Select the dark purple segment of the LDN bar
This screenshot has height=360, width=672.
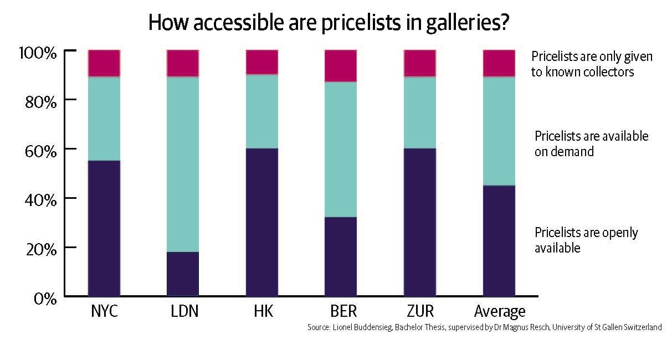[183, 274]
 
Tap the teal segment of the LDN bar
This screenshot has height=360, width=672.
[183, 164]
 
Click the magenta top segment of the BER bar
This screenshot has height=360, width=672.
[341, 65]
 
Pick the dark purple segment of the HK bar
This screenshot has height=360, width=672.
[262, 222]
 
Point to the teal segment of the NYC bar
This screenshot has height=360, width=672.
[104, 119]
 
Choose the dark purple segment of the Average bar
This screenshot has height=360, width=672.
[499, 241]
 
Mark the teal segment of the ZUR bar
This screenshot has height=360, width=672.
[420, 112]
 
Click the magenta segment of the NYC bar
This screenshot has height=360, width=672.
[104, 63]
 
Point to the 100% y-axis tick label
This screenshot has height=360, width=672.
[38, 54]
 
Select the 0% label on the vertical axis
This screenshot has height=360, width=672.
[45, 299]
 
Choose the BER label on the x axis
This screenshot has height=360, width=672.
[341, 311]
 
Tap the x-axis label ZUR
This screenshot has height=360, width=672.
[420, 311]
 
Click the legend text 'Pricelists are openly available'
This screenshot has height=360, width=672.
[586, 240]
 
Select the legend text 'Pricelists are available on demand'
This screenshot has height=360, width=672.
[591, 143]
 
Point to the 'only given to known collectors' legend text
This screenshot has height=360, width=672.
[591, 64]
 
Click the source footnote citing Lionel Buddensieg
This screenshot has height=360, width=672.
[484, 327]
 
